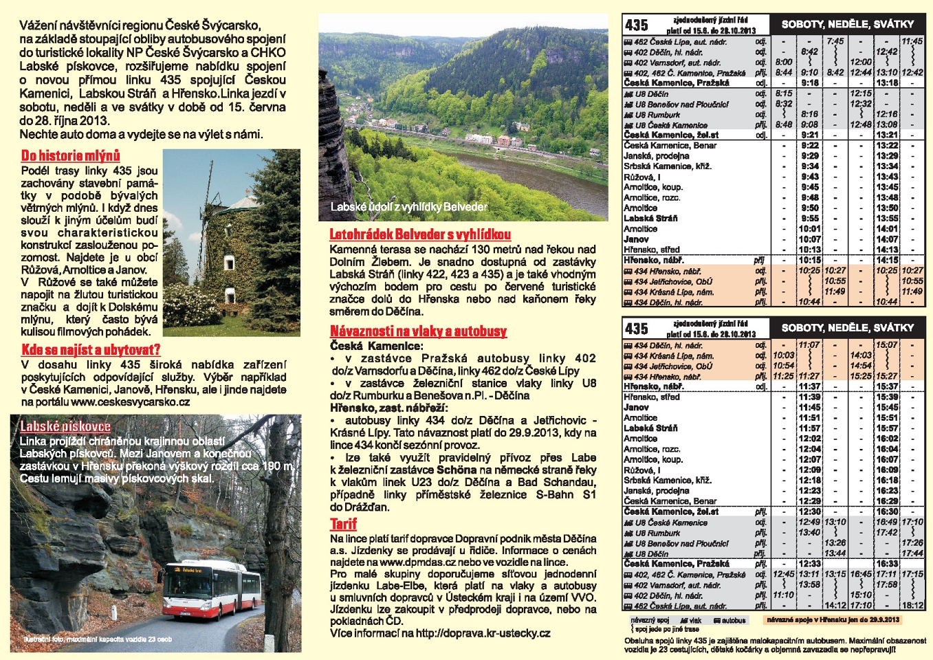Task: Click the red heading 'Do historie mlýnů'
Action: pyautogui.click(x=71, y=156)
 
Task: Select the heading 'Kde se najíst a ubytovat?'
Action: pyautogui.click(x=91, y=349)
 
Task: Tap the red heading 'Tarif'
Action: pyautogui.click(x=343, y=525)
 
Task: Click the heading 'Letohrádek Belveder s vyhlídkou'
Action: pyautogui.click(x=420, y=234)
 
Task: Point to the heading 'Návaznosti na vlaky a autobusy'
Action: pyautogui.click(x=418, y=331)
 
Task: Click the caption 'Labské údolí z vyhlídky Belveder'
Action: pyautogui.click(x=409, y=207)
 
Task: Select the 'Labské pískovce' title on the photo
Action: pyautogui.click(x=65, y=427)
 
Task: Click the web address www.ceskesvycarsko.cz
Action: pyautogui.click(x=131, y=402)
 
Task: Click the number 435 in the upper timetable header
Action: pyautogui.click(x=637, y=25)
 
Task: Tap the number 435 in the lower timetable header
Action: pyautogui.click(x=637, y=329)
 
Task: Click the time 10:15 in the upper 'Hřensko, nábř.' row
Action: pyautogui.click(x=810, y=261)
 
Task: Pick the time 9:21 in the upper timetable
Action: pyautogui.click(x=810, y=135)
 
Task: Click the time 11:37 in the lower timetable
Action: pyautogui.click(x=810, y=386)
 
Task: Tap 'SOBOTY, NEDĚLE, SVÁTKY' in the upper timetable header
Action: pyautogui.click(x=848, y=24)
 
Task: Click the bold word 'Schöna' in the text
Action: pyautogui.click(x=457, y=470)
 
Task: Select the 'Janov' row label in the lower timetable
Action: pyautogui.click(x=636, y=408)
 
